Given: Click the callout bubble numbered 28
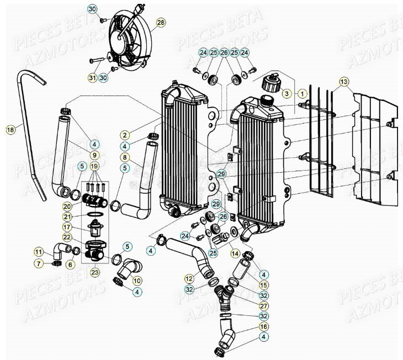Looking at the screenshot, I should click(x=161, y=23).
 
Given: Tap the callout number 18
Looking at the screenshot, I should click(x=10, y=130).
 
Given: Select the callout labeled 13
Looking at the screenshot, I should click(x=344, y=82).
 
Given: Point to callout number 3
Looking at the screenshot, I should click(x=287, y=94).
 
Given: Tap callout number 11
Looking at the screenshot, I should click(x=38, y=252).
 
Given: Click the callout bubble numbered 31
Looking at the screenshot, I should click(x=92, y=78).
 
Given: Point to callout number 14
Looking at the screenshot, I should click(x=235, y=253).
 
